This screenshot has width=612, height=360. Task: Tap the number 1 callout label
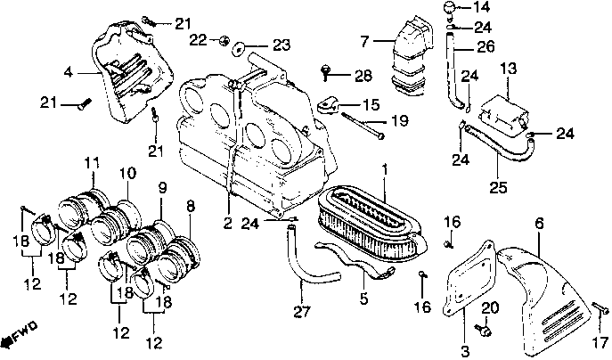click(x=385, y=168)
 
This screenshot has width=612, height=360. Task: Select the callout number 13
click(x=508, y=68)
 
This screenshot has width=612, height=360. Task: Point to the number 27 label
click(x=302, y=311)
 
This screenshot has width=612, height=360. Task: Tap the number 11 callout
click(x=90, y=162)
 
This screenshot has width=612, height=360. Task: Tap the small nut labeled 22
click(x=224, y=39)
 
